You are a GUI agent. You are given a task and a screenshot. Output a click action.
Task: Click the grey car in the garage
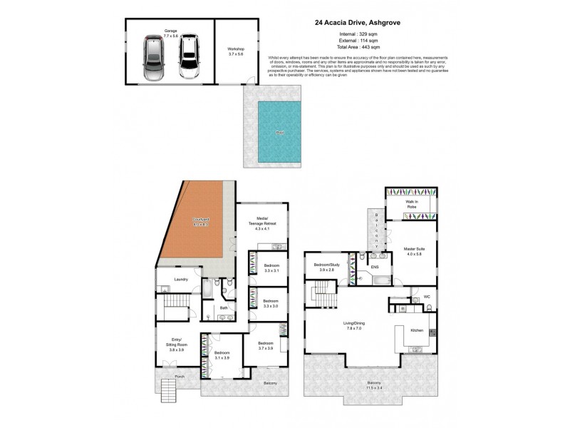[x=154, y=58]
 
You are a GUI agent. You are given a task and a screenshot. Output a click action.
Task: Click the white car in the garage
[x=189, y=57]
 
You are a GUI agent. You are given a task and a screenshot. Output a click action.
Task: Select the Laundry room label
[x=181, y=280]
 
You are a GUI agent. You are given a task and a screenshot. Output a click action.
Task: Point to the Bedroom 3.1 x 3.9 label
[x=222, y=356]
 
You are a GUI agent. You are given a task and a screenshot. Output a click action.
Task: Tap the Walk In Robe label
[x=412, y=204]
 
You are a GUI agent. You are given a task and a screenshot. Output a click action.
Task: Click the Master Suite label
[x=414, y=251]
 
